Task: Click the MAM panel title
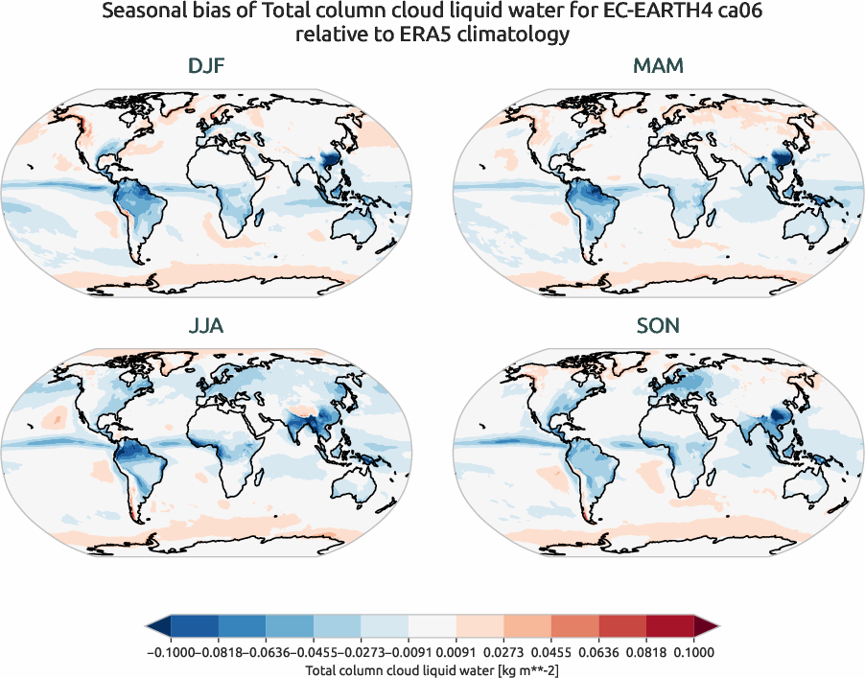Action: (x=658, y=66)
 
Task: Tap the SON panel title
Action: (x=658, y=326)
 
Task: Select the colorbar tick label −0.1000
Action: (x=169, y=652)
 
